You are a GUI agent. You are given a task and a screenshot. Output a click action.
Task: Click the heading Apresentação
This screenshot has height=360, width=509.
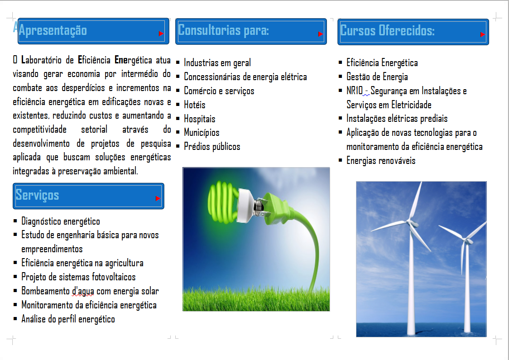pos(53,30)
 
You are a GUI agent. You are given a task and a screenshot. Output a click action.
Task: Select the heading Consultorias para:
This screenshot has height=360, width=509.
pos(223,30)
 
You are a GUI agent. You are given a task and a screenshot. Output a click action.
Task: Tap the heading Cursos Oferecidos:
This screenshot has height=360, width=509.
pos(387,30)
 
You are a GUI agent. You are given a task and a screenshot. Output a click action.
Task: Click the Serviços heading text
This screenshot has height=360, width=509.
pos(37,195)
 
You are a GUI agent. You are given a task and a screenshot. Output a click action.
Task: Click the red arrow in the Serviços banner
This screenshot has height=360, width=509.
pos(158,198)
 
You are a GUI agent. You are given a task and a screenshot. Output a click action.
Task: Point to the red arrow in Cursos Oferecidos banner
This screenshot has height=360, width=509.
pos(483,34)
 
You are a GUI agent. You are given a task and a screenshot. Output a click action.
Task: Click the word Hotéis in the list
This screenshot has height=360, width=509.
pos(194,105)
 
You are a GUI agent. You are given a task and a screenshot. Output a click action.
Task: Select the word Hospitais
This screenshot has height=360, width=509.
pos(200,119)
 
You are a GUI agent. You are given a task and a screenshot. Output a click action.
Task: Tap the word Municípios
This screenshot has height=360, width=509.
pos(202,133)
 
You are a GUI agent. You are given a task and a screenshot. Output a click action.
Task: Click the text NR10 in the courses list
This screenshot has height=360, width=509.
pos(355,91)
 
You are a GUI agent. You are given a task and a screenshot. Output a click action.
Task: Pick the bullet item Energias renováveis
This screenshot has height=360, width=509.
pos(381,161)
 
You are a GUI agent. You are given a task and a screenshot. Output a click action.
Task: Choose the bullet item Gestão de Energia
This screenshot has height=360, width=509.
pos(377,77)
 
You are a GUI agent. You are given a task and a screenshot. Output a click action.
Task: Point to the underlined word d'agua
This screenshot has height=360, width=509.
pos(83,291)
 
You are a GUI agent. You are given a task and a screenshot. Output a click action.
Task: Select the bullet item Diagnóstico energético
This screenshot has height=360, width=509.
pos(61,221)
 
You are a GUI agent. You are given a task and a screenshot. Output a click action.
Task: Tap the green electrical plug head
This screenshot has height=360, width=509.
pos(275,208)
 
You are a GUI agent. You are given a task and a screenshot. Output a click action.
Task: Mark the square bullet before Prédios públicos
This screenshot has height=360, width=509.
pos(178,146)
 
